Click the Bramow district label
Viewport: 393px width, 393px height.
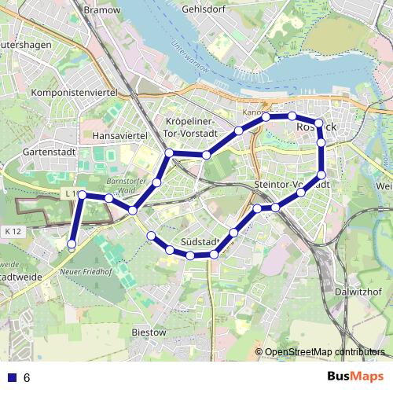tap(102, 10)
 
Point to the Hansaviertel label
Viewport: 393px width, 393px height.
tap(120, 136)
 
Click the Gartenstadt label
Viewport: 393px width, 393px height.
tap(48, 150)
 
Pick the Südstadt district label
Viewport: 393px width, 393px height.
tap(200, 241)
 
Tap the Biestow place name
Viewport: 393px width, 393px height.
tap(149, 332)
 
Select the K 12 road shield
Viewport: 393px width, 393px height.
tap(12, 231)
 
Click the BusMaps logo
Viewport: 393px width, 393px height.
tap(355, 376)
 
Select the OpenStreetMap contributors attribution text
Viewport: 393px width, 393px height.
tap(324, 352)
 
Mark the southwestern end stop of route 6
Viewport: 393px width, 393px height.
tap(72, 244)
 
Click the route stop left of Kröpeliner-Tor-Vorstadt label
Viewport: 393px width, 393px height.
tap(169, 152)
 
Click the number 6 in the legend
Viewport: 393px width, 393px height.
tap(27, 377)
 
